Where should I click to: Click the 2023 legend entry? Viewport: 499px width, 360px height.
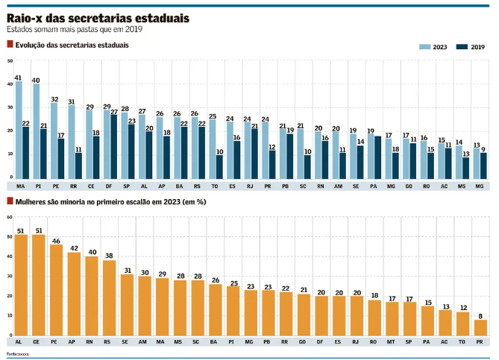[x=433, y=47]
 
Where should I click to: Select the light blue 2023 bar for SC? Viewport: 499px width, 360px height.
[x=300, y=153]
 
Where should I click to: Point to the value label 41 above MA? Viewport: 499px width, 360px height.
[x=19, y=78]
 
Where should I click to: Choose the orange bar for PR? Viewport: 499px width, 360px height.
[x=480, y=327]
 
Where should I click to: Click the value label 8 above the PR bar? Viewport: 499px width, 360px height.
[x=480, y=316]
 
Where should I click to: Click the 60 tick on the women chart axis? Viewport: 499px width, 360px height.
[x=10, y=216]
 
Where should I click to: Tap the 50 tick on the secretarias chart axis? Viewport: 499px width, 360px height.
[x=10, y=60]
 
